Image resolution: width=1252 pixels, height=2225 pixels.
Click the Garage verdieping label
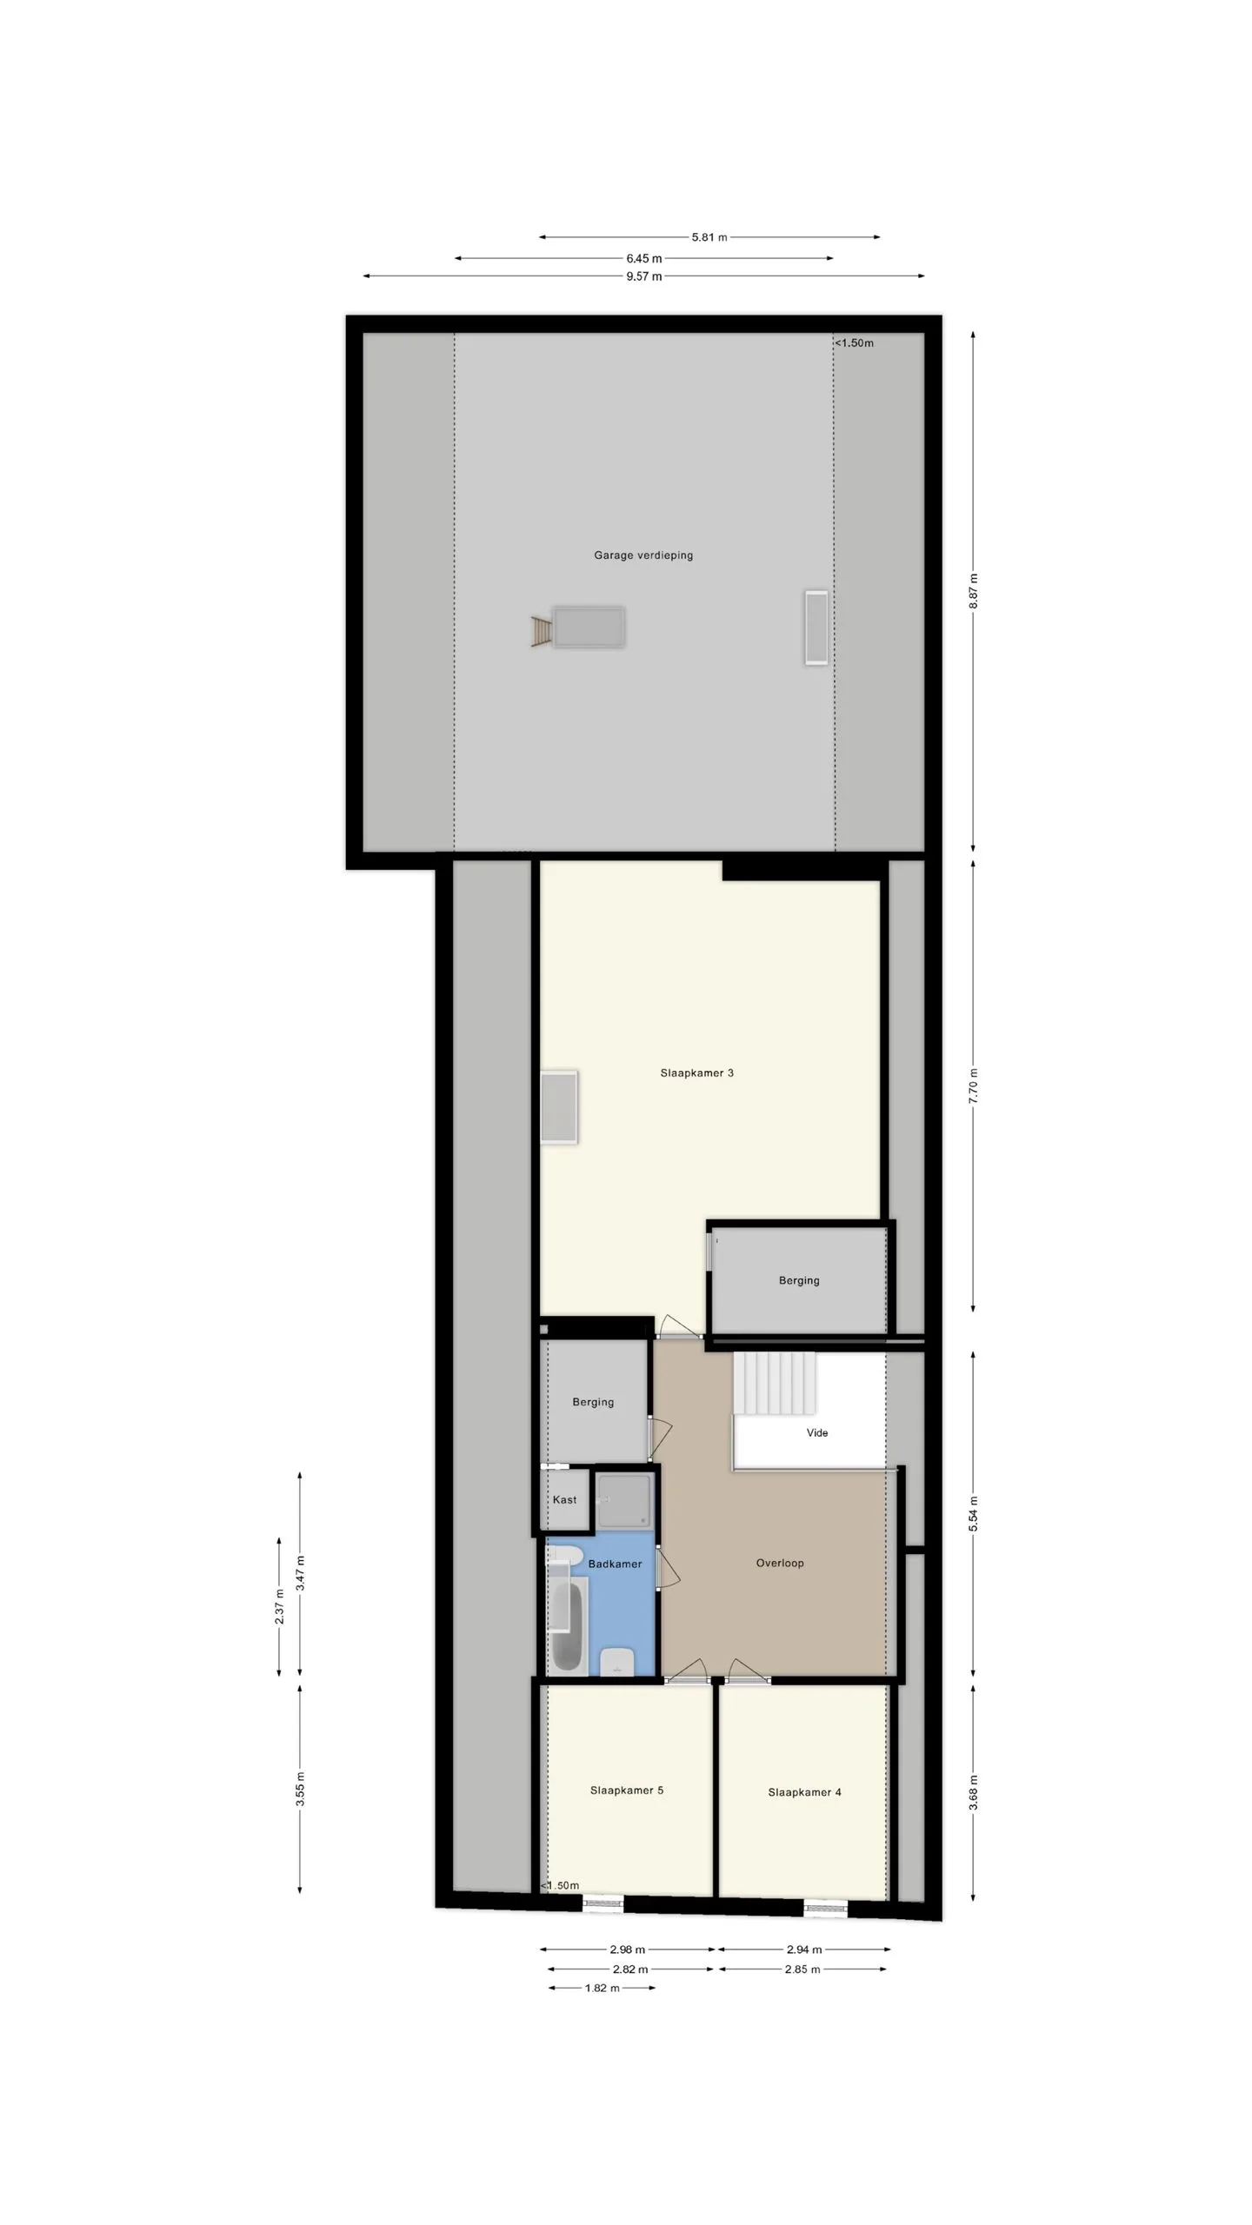[643, 555]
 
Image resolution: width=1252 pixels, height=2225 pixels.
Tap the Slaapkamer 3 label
[696, 1073]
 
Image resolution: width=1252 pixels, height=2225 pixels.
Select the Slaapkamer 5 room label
[627, 1790]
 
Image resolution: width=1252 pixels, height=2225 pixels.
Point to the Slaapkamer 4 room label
[804, 1791]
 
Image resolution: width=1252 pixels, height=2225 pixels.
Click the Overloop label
[780, 1563]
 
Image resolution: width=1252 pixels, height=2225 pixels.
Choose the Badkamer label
[615, 1564]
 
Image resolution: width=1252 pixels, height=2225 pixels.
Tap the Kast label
[564, 1499]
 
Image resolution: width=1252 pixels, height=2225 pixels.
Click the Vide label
[817, 1432]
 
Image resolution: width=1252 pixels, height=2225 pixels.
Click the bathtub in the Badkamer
[568, 1624]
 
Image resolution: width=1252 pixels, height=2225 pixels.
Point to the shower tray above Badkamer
[624, 1499]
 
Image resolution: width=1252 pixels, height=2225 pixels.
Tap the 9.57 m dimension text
[644, 276]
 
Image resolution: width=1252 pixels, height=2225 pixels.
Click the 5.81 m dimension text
[709, 236]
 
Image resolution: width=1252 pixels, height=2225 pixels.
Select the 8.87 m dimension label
[974, 591]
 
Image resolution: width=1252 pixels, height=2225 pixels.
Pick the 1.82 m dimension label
[602, 1988]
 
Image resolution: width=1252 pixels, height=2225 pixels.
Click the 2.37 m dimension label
[279, 1606]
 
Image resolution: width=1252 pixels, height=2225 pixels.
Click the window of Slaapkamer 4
[825, 1909]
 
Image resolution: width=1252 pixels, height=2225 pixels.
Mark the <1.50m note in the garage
[855, 342]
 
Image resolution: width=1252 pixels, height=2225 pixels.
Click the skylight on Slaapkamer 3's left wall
[559, 1107]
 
